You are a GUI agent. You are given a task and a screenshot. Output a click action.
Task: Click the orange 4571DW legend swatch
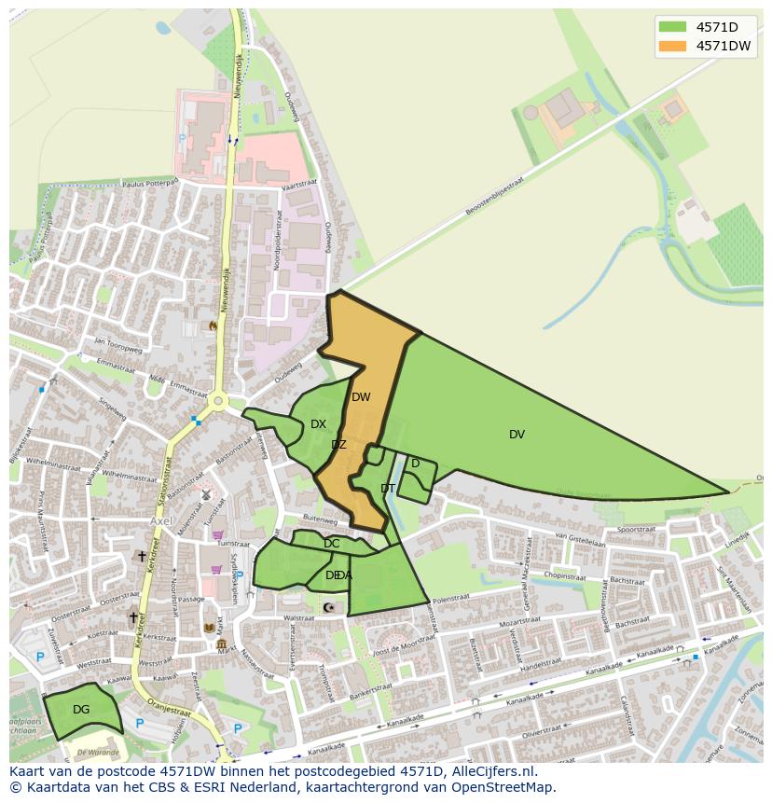(673, 46)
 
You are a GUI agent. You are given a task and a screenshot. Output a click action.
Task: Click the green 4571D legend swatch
(673, 27)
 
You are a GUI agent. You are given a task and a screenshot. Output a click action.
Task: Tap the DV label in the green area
(517, 435)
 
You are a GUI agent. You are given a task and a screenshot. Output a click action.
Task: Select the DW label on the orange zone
(361, 397)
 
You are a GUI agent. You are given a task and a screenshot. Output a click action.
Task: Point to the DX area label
(318, 424)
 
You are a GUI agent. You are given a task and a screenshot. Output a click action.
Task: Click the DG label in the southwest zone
(81, 710)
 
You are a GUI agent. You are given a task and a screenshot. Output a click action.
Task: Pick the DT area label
(388, 489)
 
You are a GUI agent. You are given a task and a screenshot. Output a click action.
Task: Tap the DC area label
(331, 544)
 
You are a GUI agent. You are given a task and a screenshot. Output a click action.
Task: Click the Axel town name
(161, 521)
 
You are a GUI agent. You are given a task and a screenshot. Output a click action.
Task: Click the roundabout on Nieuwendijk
(218, 402)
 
